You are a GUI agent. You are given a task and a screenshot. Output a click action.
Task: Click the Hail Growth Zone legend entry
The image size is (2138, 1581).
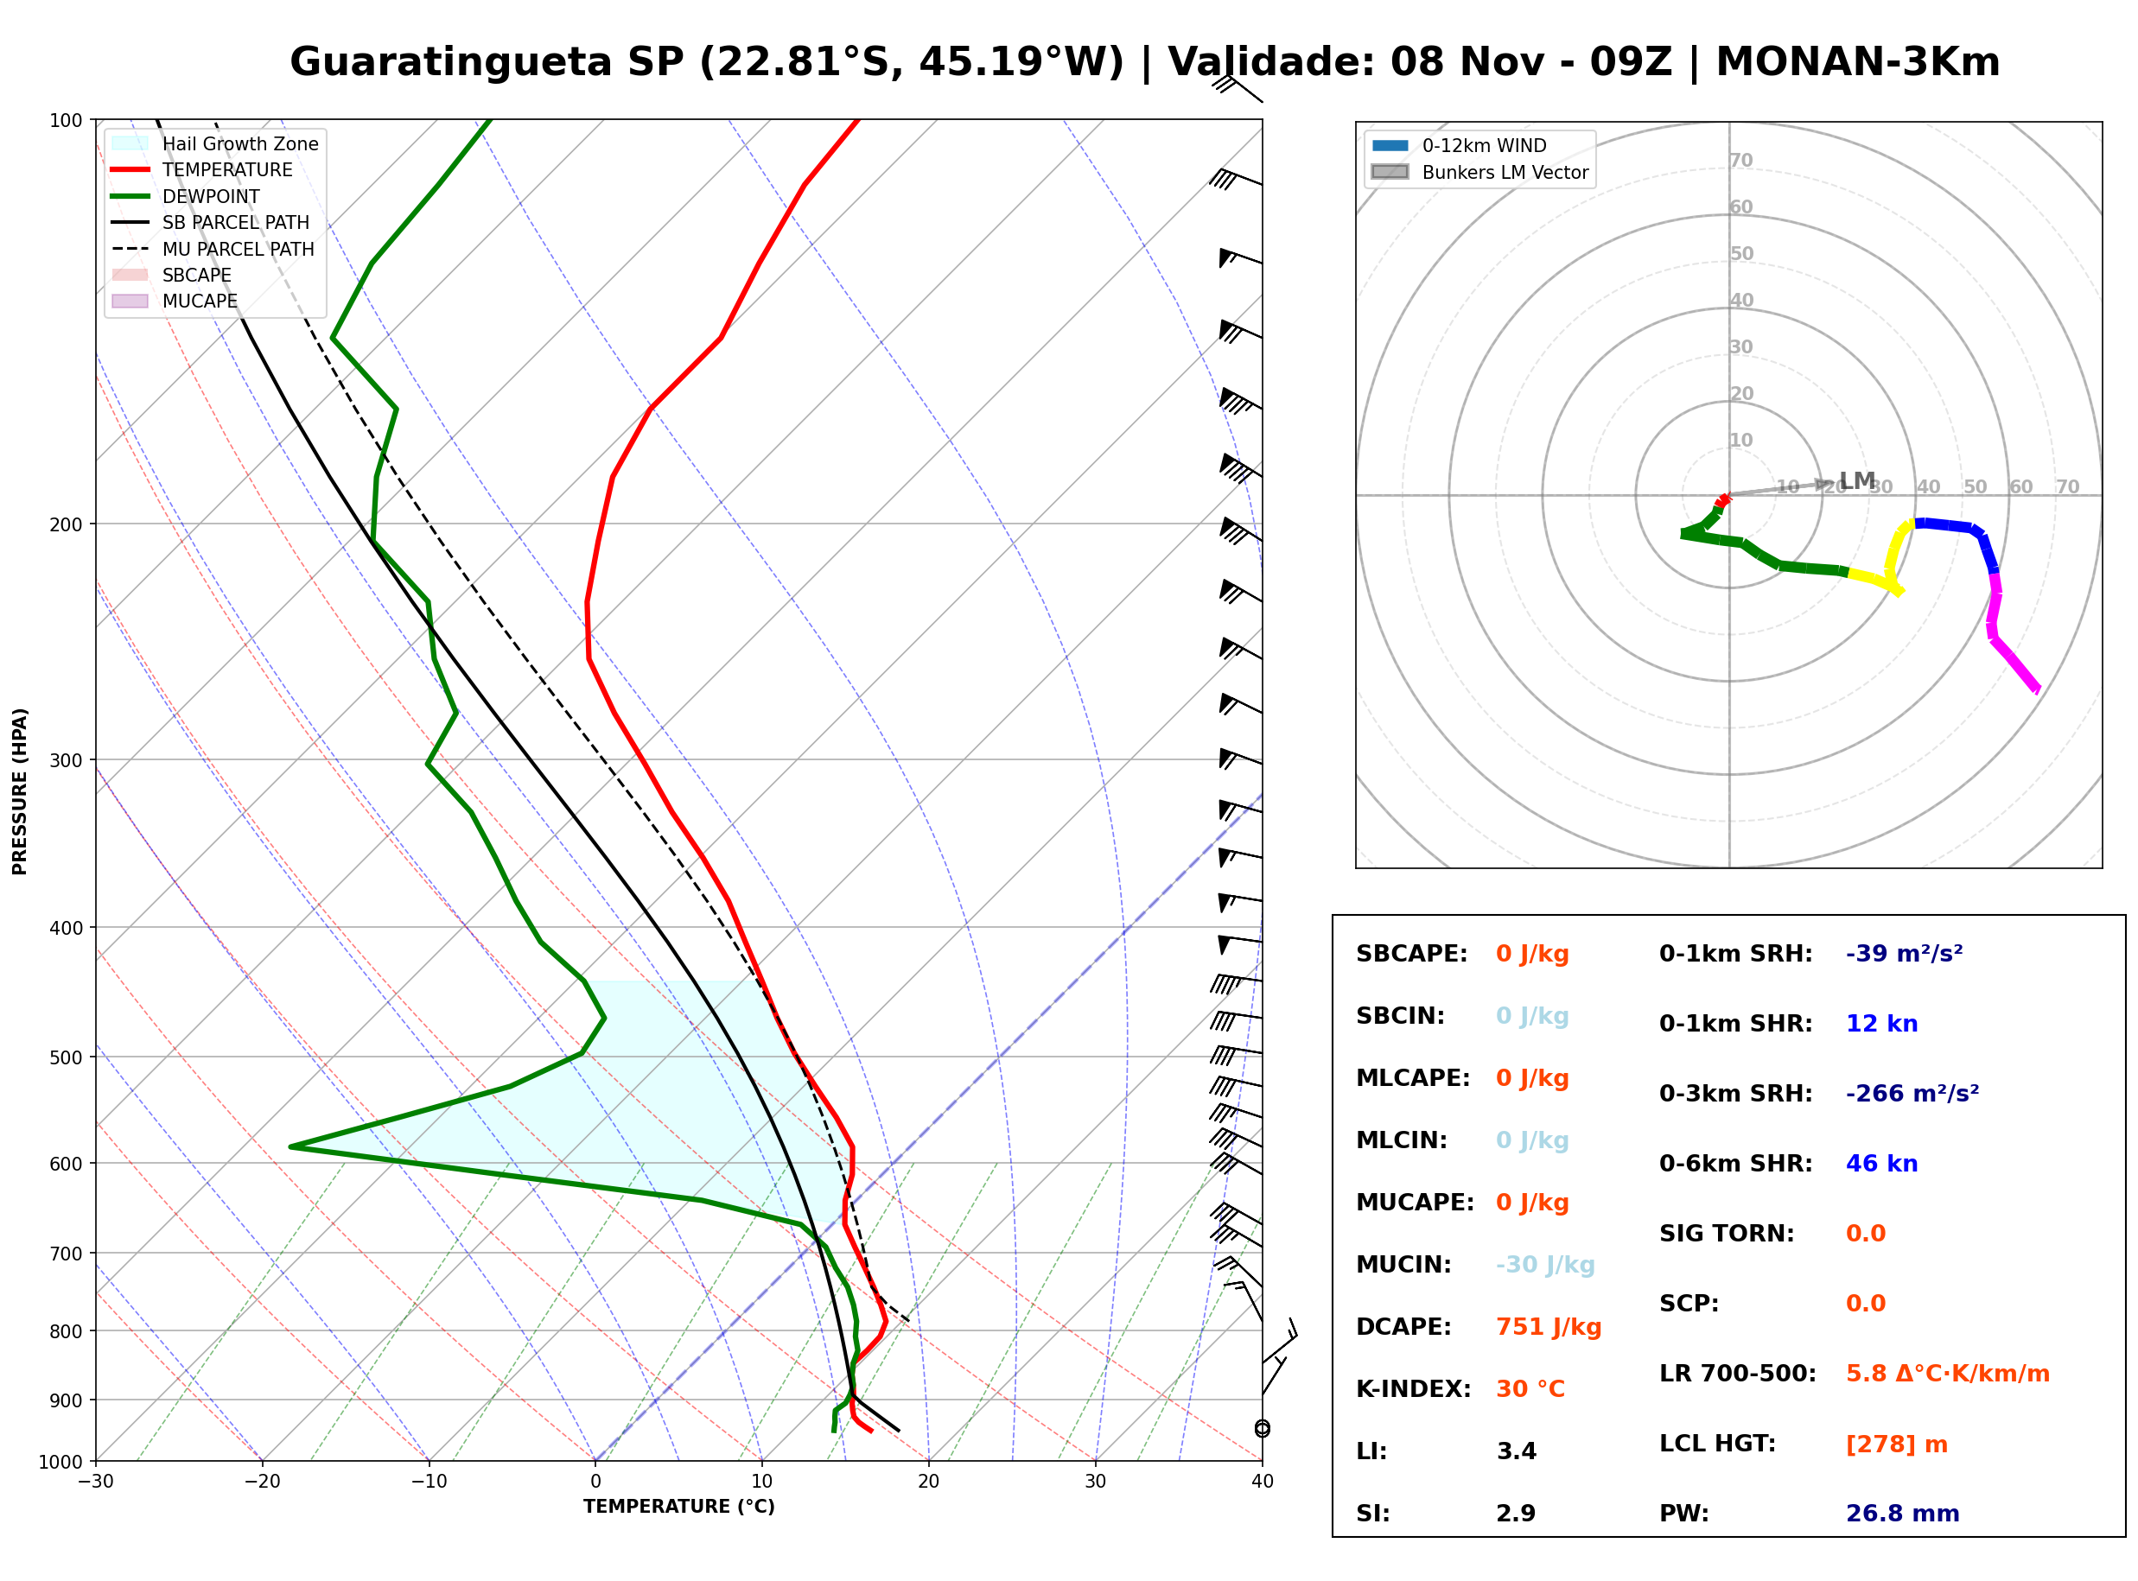215,143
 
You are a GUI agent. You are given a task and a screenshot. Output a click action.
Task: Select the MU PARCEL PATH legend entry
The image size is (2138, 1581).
213,249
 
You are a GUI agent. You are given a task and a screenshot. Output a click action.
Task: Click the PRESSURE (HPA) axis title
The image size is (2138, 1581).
20,791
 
